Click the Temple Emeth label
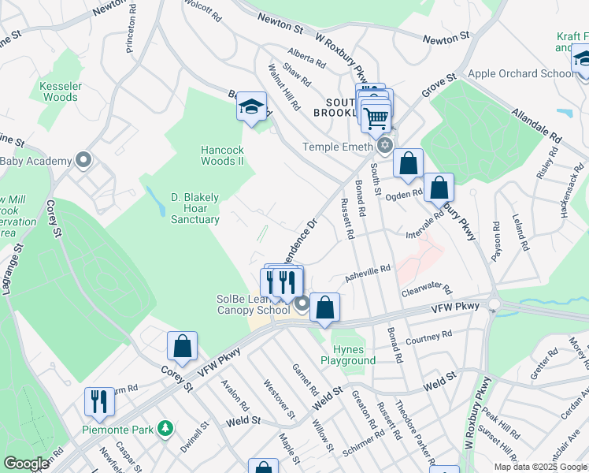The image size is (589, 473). point(339,147)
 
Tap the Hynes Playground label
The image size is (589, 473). point(348,355)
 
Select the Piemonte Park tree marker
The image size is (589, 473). point(165,429)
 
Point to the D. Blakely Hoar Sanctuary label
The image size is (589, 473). point(195,207)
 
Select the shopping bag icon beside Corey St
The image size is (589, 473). point(182,345)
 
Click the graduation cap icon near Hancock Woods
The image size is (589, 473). point(251,106)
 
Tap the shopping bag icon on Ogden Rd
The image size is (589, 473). point(408,163)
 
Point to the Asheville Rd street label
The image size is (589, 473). point(368,272)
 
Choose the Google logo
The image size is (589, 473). point(26,464)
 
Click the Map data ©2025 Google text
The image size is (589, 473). point(540,467)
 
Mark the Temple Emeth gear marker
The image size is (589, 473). point(384,146)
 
